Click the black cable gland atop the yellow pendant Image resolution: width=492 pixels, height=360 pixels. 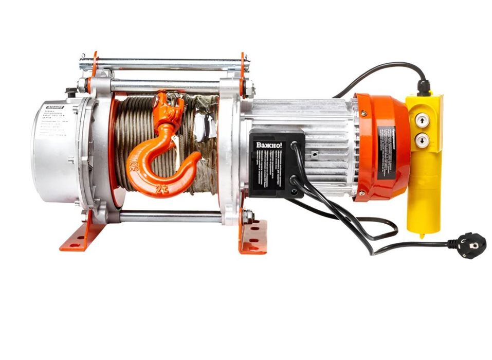click(423, 87)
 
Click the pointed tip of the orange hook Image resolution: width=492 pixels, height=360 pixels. click(198, 157)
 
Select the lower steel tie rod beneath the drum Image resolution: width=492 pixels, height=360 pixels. click(170, 216)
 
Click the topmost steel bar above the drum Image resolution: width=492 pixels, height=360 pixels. click(165, 61)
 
